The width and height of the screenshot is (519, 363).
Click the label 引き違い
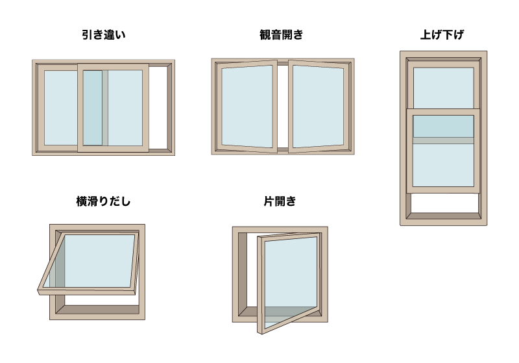(104, 34)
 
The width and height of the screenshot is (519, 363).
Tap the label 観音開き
(281, 34)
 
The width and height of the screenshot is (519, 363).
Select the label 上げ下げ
(442, 34)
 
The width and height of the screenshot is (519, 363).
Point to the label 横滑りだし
(103, 201)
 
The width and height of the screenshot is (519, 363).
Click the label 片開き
(280, 201)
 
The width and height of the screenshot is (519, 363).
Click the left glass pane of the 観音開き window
(247, 106)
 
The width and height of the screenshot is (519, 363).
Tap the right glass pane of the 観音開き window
(318, 106)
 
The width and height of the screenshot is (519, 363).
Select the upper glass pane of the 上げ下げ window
(444, 88)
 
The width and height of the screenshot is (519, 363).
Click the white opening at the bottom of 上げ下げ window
(444, 203)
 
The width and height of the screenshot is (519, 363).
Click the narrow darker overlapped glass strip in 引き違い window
(92, 108)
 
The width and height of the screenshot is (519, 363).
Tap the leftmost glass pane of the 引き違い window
(61, 108)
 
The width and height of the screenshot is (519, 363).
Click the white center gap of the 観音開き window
(283, 106)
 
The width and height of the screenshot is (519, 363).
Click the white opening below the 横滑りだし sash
(101, 299)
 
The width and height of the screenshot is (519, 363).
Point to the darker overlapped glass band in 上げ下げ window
(444, 126)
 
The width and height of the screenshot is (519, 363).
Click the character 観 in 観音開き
(265, 34)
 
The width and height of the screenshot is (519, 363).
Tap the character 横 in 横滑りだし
(82, 201)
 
